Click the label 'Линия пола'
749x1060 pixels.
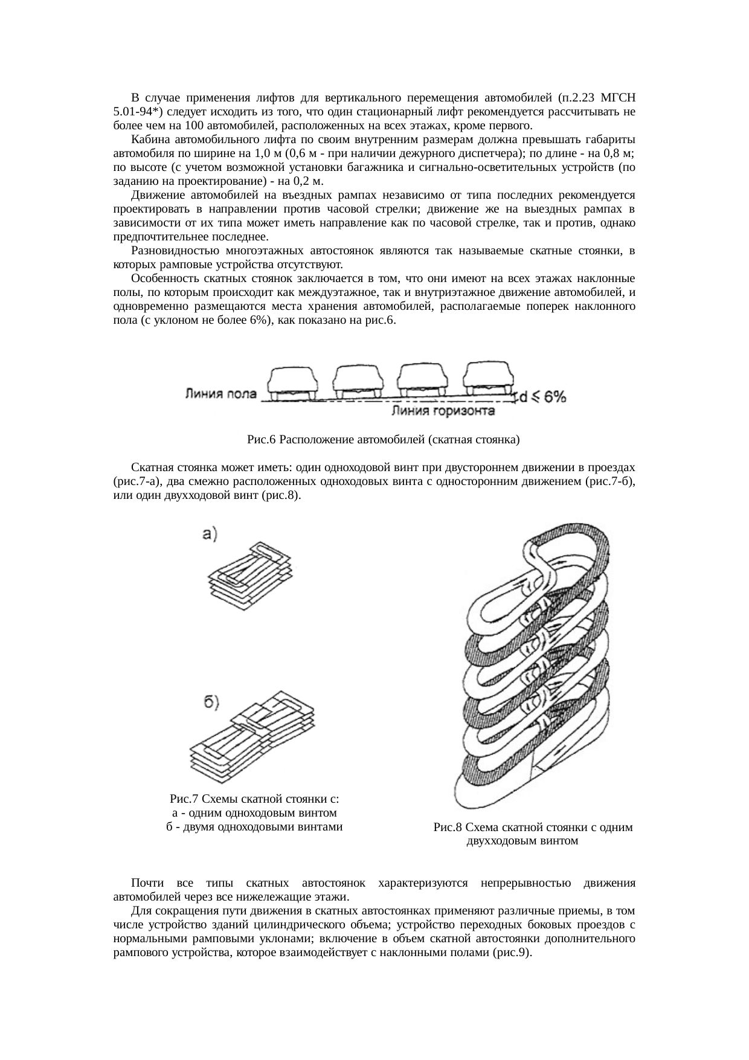220,394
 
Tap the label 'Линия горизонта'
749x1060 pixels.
444,411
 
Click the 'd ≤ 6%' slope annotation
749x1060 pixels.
542,397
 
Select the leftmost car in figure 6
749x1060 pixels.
293,382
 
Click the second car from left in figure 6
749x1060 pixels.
359,382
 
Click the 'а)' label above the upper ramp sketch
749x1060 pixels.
209,533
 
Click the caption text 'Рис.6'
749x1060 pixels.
262,440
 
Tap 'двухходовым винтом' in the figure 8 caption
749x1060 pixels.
522,840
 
